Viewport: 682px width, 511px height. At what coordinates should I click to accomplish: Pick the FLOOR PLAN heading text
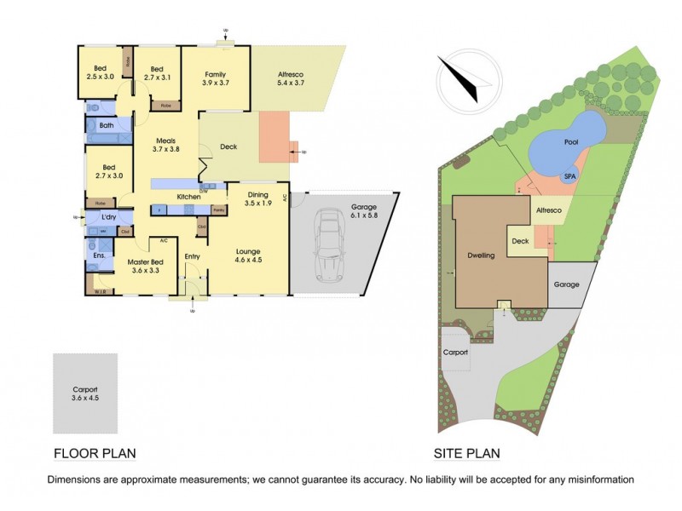[x=94, y=453]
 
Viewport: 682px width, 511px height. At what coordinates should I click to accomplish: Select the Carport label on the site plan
[x=455, y=351]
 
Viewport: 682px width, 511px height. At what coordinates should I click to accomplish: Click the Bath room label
[x=107, y=126]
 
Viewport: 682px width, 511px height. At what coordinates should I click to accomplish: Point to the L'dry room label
[x=109, y=218]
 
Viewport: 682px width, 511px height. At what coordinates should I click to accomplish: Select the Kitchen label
[x=188, y=197]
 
